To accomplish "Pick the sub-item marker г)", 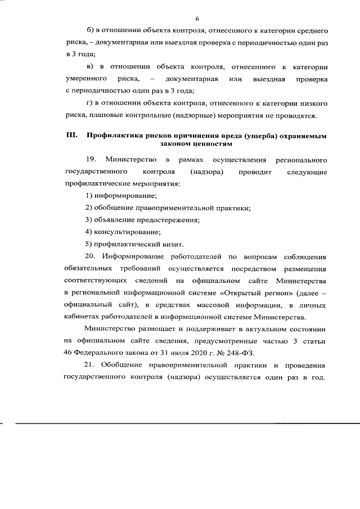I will (89, 103).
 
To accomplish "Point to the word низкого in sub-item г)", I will (313, 103).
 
